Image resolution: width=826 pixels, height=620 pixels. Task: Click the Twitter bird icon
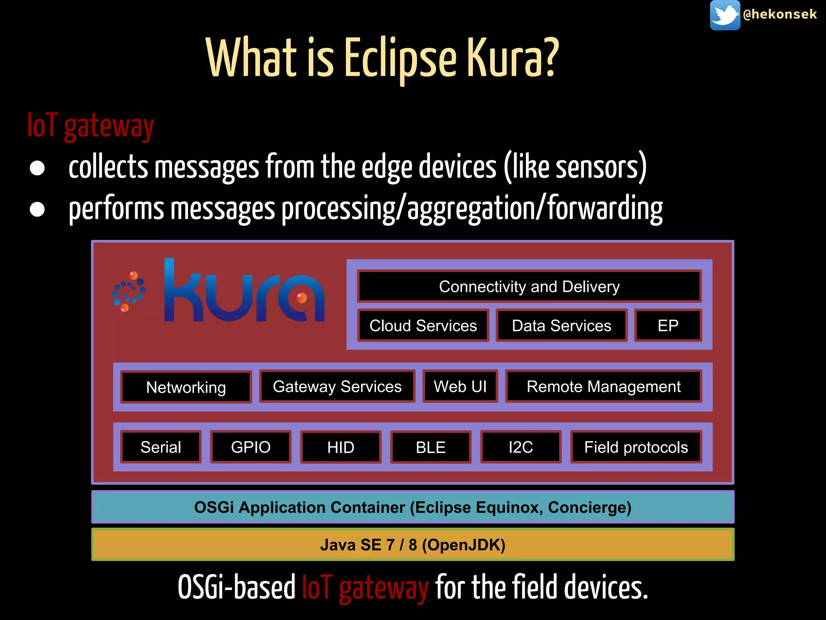click(725, 15)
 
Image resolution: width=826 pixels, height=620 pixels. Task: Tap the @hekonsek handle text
click(780, 15)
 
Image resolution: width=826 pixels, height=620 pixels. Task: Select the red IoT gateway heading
click(91, 126)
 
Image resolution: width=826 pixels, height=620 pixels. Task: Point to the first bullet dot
click(37, 168)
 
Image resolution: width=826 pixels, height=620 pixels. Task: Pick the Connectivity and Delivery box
click(529, 287)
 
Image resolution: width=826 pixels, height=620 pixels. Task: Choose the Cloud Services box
click(423, 325)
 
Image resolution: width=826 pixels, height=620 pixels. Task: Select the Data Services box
click(561, 325)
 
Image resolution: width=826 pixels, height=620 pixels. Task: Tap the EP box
click(668, 325)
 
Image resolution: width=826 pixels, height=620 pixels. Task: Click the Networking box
click(186, 387)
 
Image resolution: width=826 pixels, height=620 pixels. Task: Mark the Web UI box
click(460, 386)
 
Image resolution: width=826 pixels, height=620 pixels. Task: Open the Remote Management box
click(603, 386)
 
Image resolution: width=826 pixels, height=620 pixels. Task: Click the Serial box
click(161, 447)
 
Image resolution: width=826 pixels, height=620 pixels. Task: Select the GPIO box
click(250, 447)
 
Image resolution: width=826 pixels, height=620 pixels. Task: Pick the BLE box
click(431, 447)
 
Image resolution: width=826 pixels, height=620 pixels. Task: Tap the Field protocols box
click(636, 447)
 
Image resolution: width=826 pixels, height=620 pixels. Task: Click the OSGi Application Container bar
click(413, 507)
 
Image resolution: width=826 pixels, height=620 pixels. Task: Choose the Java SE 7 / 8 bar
click(413, 545)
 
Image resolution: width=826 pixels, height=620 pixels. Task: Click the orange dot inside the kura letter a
click(302, 298)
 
